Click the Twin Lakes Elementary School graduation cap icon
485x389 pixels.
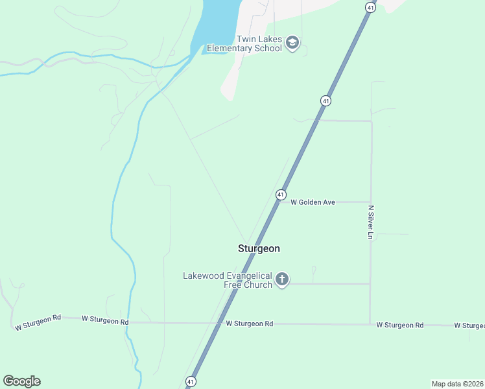(292, 43)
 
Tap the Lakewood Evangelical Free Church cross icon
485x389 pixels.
(281, 279)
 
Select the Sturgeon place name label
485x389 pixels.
(259, 248)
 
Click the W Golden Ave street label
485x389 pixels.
(313, 202)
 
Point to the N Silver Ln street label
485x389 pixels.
(371, 222)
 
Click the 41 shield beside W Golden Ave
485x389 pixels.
(281, 194)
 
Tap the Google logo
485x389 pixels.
(21, 381)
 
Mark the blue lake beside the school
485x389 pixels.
(217, 26)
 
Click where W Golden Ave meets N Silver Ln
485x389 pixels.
(370, 202)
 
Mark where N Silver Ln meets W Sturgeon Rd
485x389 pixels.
(370, 324)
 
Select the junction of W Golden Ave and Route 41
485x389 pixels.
(278, 202)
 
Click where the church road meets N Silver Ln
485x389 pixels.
(370, 283)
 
